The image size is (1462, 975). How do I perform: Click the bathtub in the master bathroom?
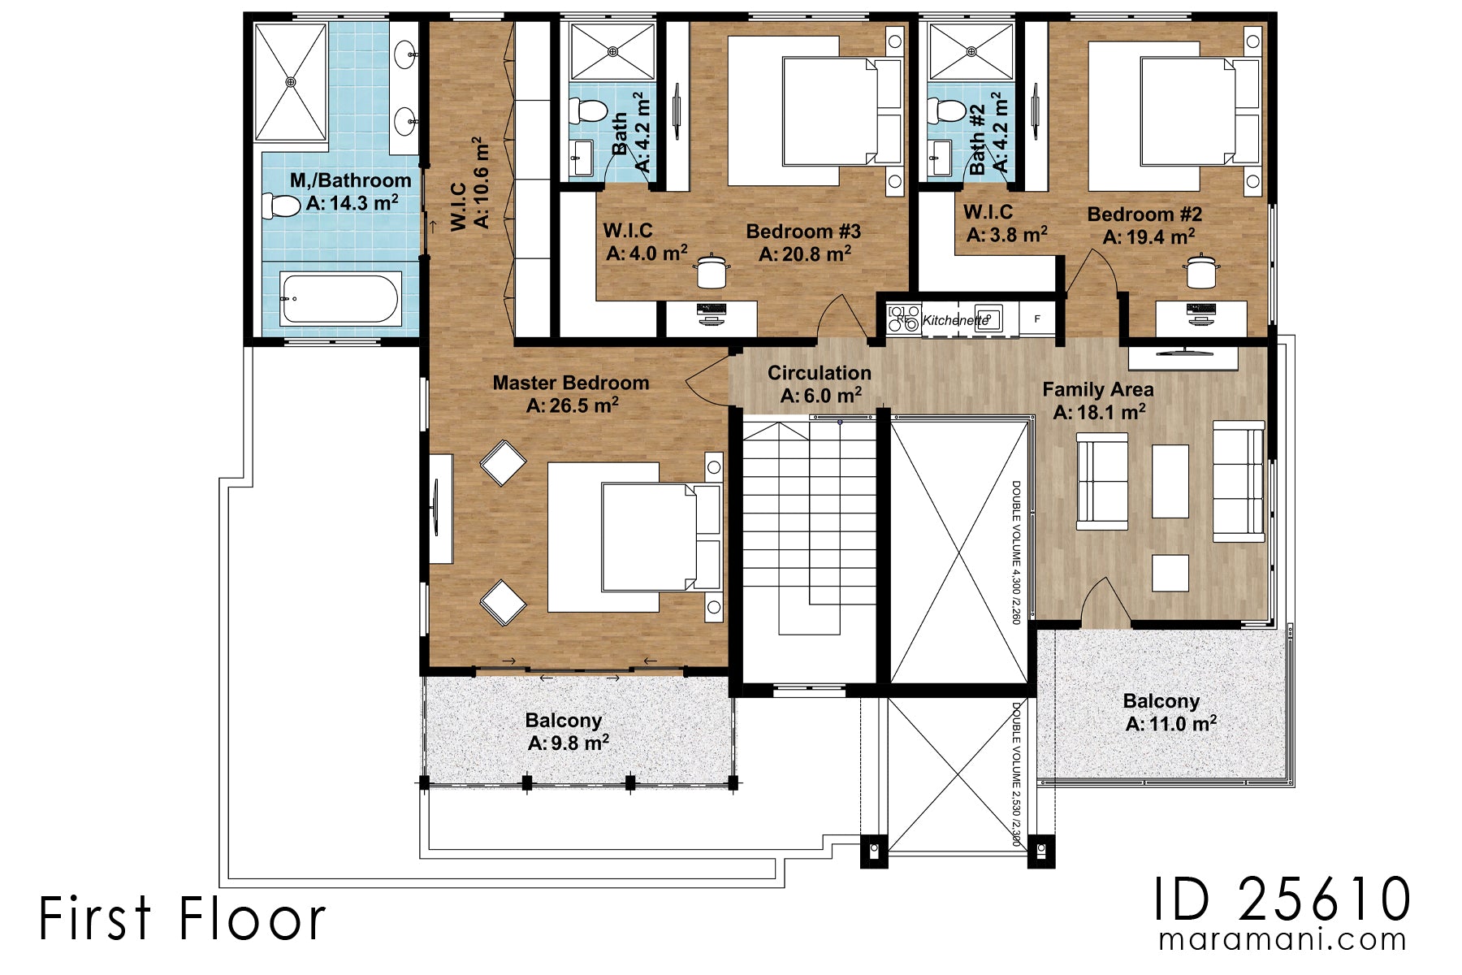[x=340, y=298]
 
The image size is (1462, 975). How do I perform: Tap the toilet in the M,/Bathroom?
[x=281, y=205]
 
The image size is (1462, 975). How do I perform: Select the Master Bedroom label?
[x=571, y=383]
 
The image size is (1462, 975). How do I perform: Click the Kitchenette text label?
[x=955, y=320]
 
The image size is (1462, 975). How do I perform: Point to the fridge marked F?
[x=1037, y=319]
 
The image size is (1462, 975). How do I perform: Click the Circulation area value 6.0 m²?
[x=820, y=396]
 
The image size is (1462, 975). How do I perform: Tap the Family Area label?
[x=1097, y=390]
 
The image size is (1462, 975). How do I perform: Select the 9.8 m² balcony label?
[x=568, y=743]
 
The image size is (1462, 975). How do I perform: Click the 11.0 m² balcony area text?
[x=1170, y=723]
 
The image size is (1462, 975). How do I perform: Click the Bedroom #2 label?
[x=1144, y=214]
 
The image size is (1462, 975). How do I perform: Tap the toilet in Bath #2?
[x=945, y=110]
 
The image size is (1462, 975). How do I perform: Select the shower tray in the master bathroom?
[x=291, y=81]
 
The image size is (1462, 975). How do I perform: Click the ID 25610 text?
[x=1282, y=899]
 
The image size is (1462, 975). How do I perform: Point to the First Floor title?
[x=182, y=919]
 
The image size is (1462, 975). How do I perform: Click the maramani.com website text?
[x=1282, y=939]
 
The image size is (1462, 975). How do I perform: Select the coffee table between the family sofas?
[x=1170, y=481]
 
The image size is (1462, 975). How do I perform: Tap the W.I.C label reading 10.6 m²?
[x=471, y=185]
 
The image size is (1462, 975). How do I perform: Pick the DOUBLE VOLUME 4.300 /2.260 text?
[x=1015, y=552]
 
